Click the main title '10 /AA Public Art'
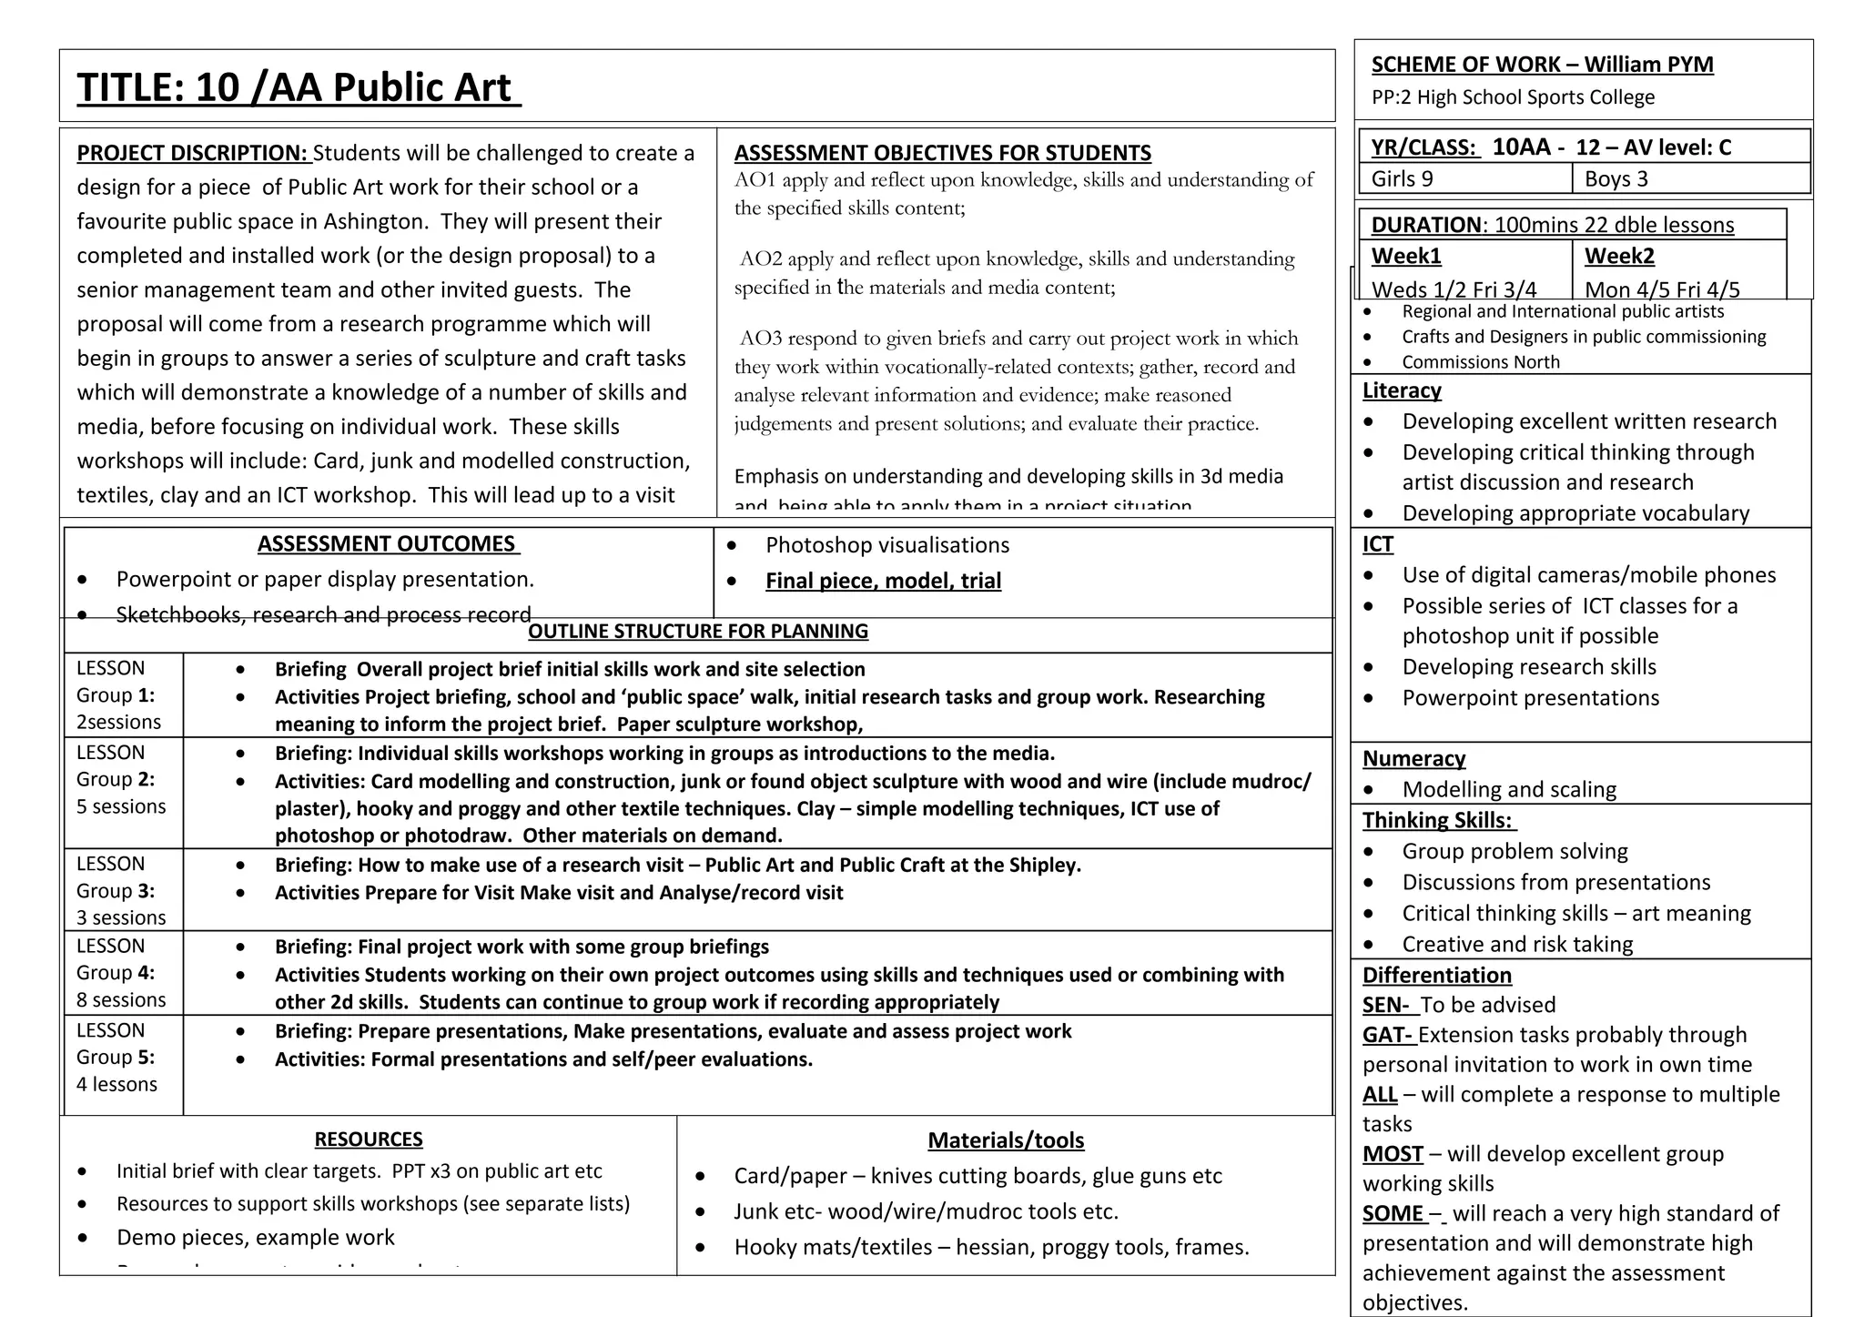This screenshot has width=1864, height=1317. pyautogui.click(x=299, y=87)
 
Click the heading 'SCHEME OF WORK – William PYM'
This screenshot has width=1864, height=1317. pyautogui.click(x=1542, y=65)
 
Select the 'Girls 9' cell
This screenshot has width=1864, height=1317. pyautogui.click(x=1402, y=178)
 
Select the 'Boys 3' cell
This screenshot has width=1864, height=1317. pyautogui.click(x=1616, y=178)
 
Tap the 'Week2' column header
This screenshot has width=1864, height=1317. pyautogui.click(x=1619, y=256)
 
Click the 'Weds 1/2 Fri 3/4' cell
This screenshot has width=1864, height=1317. pyautogui.click(x=1454, y=289)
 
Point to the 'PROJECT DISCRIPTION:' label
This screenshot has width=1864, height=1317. pyautogui.click(x=192, y=153)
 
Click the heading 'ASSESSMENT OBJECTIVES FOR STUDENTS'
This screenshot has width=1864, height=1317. pyautogui.click(x=942, y=153)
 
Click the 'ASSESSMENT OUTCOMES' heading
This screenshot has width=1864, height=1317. pyautogui.click(x=388, y=544)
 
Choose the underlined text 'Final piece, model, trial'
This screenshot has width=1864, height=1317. pyautogui.click(x=883, y=581)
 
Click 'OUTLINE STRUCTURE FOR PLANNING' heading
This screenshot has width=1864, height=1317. pyautogui.click(x=698, y=632)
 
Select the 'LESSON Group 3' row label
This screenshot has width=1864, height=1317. pyautogui.click(x=116, y=890)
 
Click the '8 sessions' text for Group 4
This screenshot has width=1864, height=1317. pyautogui.click(x=121, y=999)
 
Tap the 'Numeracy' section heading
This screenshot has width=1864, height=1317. pyautogui.click(x=1413, y=759)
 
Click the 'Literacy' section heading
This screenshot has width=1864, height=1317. pyautogui.click(x=1402, y=390)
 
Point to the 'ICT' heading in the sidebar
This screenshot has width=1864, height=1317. pyautogui.click(x=1377, y=544)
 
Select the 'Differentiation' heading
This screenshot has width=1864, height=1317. pyautogui.click(x=1436, y=976)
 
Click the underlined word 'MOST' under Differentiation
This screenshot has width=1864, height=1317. pyautogui.click(x=1393, y=1154)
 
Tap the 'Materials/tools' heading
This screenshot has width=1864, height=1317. pyautogui.click(x=1006, y=1140)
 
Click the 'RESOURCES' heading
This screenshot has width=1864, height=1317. pyautogui.click(x=369, y=1140)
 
